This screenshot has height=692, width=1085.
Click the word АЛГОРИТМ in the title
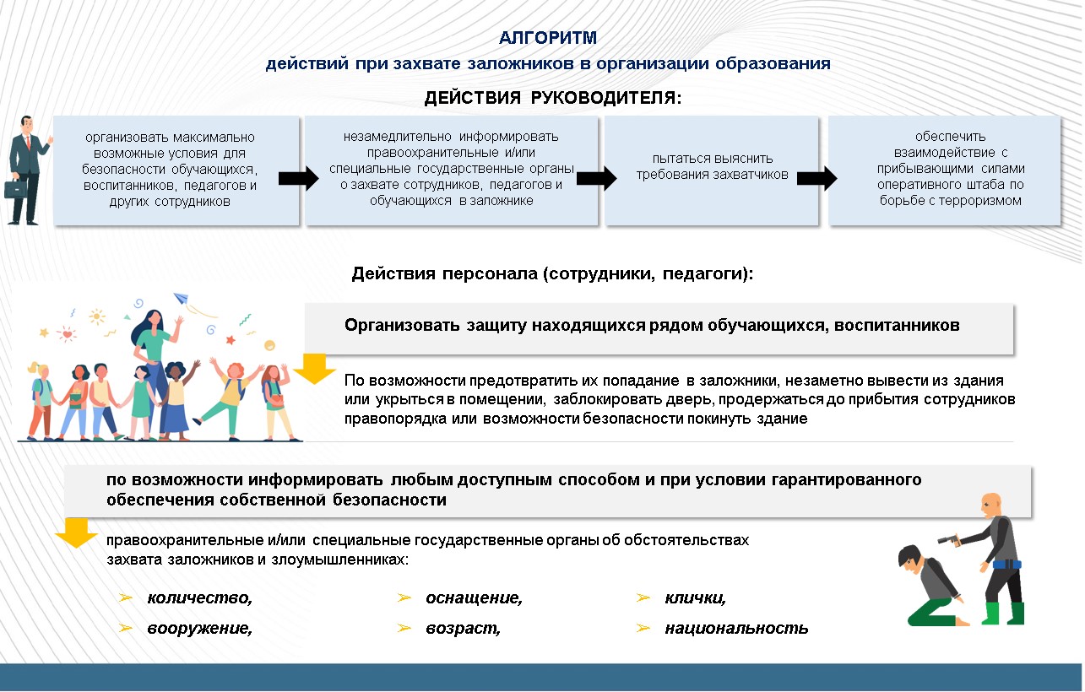pos(548,37)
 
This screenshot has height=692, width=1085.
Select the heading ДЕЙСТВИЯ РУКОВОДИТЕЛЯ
pos(552,98)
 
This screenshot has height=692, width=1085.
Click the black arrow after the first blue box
pos(298,179)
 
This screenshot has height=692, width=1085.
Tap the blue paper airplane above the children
pos(180,298)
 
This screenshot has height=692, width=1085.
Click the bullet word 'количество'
pos(199,598)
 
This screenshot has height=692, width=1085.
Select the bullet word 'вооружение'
pos(199,629)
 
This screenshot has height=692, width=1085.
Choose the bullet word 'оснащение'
pos(474,598)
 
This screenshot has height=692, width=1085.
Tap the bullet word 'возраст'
pos(463,629)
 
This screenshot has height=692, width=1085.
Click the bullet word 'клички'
pos(695,598)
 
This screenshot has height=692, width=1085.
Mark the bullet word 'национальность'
pos(736,629)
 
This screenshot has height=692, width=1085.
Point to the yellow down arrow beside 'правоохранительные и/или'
pos(76,533)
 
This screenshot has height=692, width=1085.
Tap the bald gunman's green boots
pos(1004,612)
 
